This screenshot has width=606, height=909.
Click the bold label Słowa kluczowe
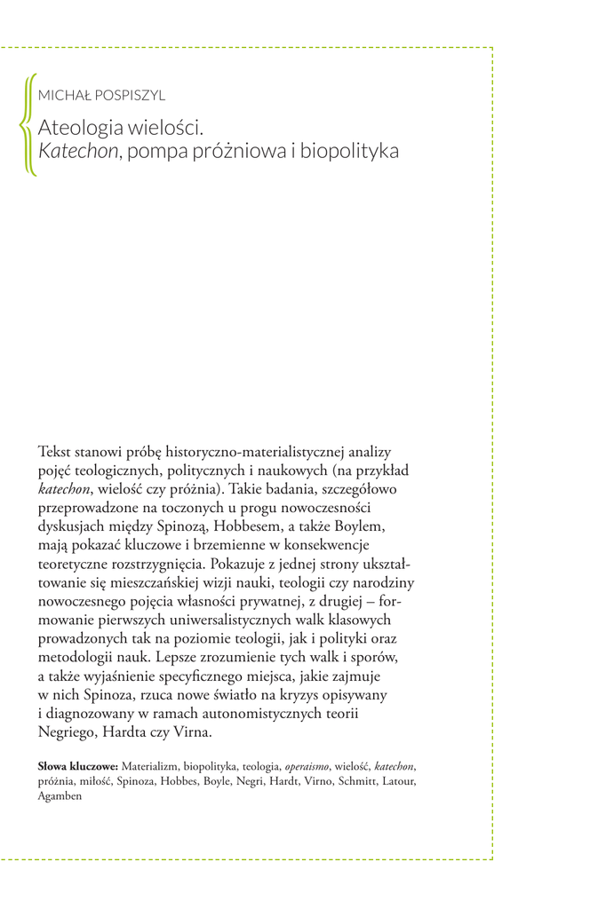(x=77, y=765)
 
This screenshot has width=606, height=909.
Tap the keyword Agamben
(x=60, y=795)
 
